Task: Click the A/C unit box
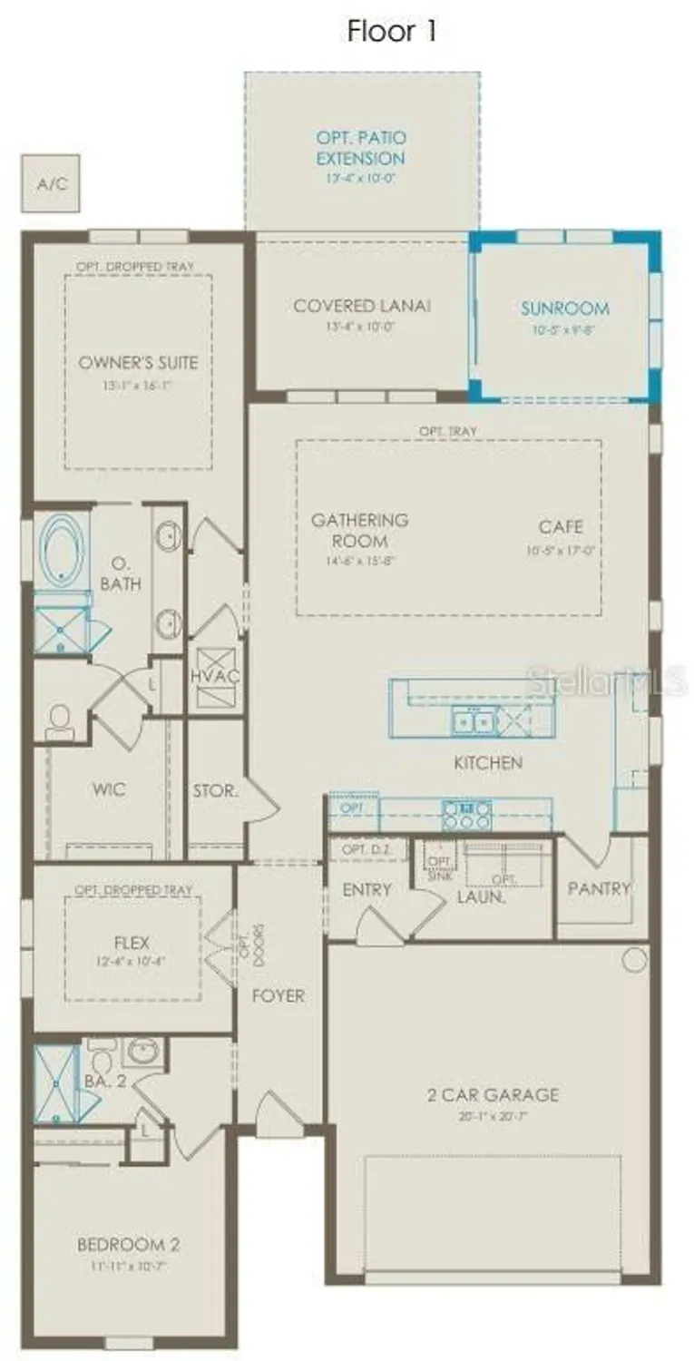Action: [51, 183]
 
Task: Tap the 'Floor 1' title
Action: [392, 32]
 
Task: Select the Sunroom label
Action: [564, 308]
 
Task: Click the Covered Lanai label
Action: [362, 306]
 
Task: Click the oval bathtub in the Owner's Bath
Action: [63, 551]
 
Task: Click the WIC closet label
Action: [109, 789]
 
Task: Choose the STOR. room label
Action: [215, 790]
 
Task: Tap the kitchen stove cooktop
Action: [466, 813]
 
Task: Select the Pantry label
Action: [599, 888]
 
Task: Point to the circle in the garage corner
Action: [634, 959]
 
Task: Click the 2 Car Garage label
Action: [494, 1094]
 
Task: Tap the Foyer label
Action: [279, 996]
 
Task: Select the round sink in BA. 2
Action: [142, 1053]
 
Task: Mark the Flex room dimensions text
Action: [132, 961]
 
